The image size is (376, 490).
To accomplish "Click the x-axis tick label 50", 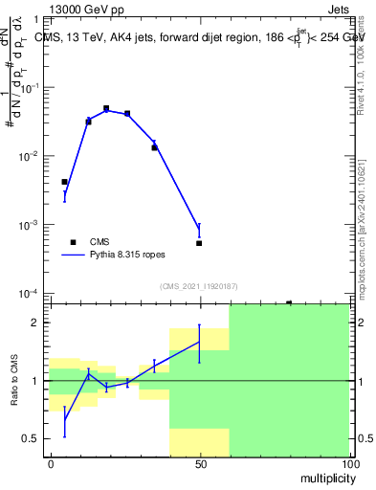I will [x=199, y=463].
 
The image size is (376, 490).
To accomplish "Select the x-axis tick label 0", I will [x=50, y=463].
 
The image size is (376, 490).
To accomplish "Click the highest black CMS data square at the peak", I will [x=106, y=109].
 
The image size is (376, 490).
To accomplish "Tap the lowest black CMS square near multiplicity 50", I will [x=199, y=243].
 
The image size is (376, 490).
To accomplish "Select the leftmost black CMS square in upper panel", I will [x=64, y=182].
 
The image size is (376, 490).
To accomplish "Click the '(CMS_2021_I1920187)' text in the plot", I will [x=198, y=285].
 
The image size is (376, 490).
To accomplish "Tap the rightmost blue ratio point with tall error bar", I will [x=199, y=342].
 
